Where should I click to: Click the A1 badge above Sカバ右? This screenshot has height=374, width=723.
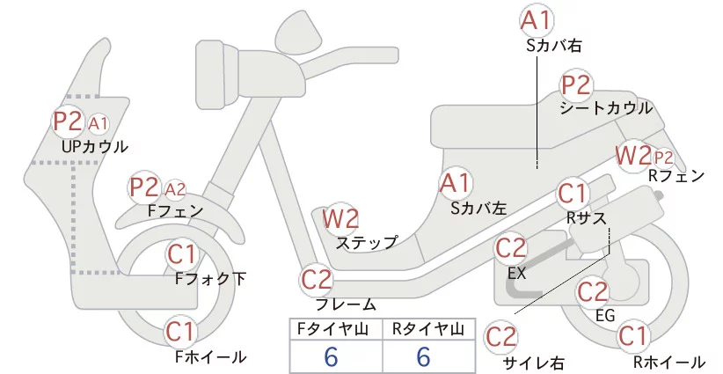click(x=537, y=21)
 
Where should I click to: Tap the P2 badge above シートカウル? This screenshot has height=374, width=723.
click(x=576, y=85)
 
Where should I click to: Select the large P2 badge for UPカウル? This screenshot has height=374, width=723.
click(x=68, y=121)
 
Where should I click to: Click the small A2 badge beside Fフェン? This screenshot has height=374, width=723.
click(x=175, y=189)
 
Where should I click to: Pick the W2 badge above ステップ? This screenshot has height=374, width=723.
click(x=340, y=219)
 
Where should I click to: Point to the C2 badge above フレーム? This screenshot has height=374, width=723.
click(x=317, y=280)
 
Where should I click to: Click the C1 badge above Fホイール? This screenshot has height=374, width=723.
click(x=181, y=332)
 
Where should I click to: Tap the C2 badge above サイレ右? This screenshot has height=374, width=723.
click(x=501, y=337)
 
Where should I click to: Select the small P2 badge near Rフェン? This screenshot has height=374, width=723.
click(x=664, y=158)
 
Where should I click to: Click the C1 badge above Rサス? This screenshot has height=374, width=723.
click(x=573, y=194)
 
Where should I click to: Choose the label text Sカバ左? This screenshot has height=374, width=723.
click(x=478, y=209)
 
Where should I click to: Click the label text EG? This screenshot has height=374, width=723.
click(x=605, y=315)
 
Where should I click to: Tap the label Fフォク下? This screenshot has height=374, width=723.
click(x=211, y=279)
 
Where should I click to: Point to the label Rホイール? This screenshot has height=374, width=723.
click(x=668, y=363)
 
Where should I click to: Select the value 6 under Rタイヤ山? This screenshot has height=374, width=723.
click(x=424, y=356)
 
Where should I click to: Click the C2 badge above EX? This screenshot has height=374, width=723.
click(x=511, y=249)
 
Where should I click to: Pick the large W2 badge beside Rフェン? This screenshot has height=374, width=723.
click(x=634, y=156)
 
